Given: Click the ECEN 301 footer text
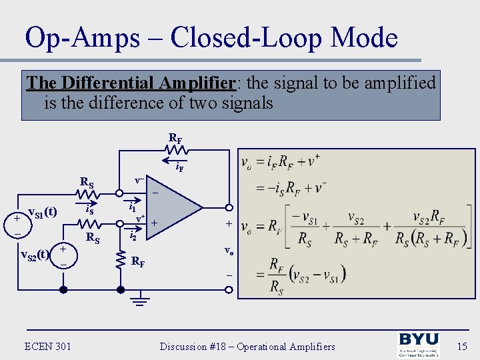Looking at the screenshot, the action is (47, 346).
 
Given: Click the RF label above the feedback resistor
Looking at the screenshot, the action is (176, 139).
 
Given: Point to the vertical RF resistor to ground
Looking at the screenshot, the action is (121, 260).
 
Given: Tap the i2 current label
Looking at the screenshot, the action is (133, 236).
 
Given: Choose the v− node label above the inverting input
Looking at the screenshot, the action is (139, 181).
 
